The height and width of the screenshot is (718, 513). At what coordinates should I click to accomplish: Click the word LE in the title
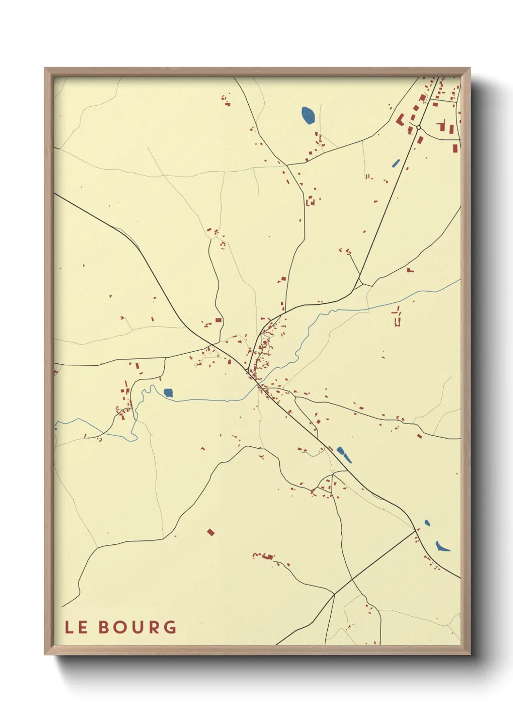click(x=76, y=627)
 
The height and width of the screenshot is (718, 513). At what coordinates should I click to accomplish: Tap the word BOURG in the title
click(x=137, y=627)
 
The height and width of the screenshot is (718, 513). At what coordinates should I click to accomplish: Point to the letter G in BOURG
click(x=170, y=627)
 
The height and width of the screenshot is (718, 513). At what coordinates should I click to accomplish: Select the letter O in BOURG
click(x=121, y=627)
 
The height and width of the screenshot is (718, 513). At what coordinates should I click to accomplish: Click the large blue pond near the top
click(x=308, y=115)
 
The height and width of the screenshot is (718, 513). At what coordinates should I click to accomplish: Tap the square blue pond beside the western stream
click(x=168, y=392)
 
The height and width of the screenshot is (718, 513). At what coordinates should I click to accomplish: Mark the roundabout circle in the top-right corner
click(x=418, y=128)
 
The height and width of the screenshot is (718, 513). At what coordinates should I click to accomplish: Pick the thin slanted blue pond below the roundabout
click(x=396, y=163)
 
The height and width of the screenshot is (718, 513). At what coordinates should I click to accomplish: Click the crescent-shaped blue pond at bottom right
click(x=442, y=547)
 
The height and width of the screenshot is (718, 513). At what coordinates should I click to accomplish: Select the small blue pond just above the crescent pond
click(x=427, y=522)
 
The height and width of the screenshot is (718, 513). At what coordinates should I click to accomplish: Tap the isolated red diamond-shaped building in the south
click(x=210, y=532)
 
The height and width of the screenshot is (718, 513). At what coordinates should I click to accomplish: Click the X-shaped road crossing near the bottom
click(x=335, y=594)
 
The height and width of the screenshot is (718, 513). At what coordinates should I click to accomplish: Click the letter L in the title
click(x=69, y=627)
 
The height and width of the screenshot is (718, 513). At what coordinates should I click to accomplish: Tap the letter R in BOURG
click(x=154, y=627)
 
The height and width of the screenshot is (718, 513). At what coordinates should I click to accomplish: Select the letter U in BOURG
click(x=138, y=627)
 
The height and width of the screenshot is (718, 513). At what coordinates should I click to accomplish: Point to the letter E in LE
click(x=82, y=627)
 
